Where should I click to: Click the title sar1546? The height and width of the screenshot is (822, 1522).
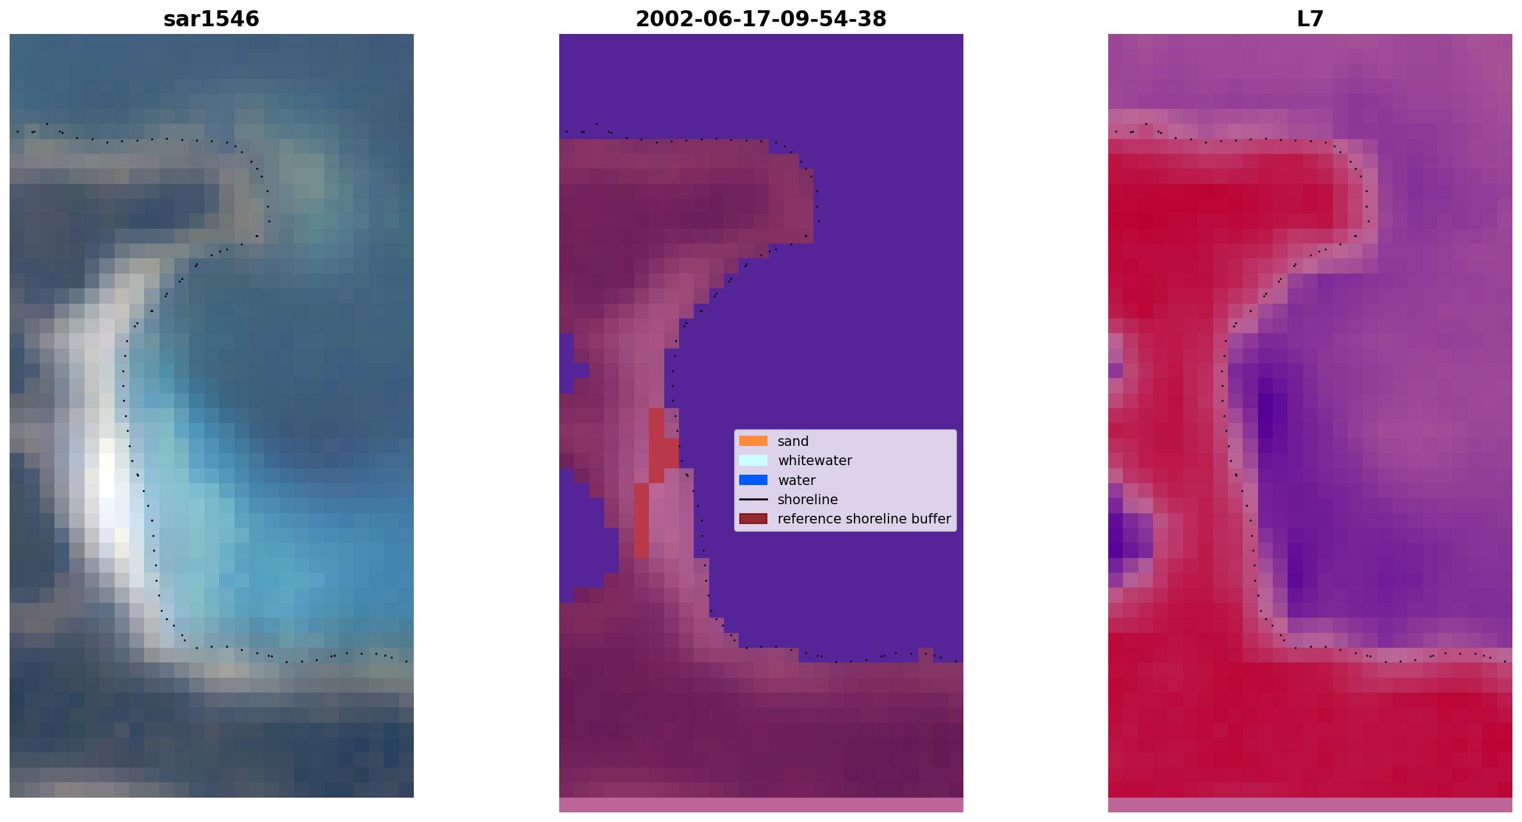point(211,19)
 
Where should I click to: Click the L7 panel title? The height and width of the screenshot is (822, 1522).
point(1310,19)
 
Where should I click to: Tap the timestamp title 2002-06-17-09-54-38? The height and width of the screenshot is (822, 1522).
point(761,19)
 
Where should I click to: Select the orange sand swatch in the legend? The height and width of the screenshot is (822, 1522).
point(753,441)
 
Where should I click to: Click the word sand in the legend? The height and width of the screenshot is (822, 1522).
point(793,441)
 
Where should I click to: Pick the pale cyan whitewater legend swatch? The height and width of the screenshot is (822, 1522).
point(753,460)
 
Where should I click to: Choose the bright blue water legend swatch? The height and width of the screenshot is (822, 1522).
point(753,480)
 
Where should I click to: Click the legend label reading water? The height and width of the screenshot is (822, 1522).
point(796,481)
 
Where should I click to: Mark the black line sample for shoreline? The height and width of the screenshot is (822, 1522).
point(753,499)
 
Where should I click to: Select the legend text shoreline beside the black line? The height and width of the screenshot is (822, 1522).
point(808,500)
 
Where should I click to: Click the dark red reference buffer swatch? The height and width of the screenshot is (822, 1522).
point(753,518)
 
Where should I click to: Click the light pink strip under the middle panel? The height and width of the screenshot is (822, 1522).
point(761,805)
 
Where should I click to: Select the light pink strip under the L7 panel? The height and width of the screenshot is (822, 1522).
point(1310,805)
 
